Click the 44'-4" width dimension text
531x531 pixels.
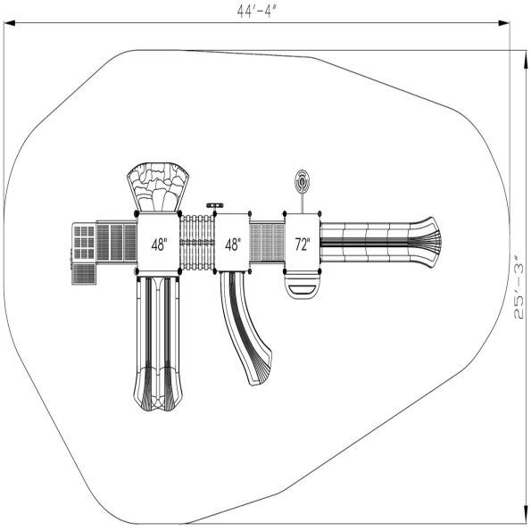coord(256,12)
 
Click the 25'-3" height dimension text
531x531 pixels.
coord(519,292)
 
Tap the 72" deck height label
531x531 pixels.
coord(303,245)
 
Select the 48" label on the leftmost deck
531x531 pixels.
coord(159,245)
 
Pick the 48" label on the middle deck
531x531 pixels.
coord(233,245)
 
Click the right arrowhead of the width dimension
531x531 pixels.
coord(504,23)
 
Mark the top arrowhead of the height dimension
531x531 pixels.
coord(526,62)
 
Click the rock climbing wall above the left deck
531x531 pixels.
coord(157,187)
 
